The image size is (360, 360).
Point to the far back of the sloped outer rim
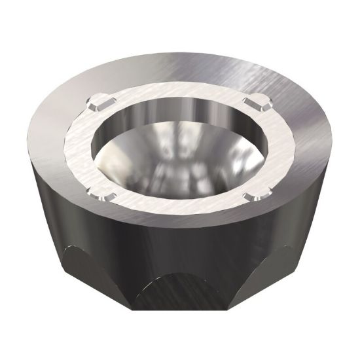[180, 65]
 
